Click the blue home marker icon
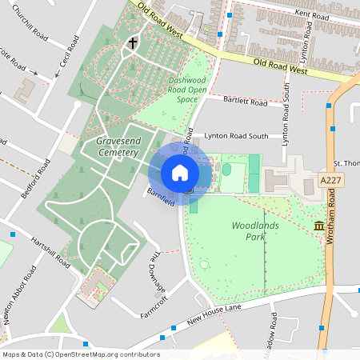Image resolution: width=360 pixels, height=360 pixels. click(180, 173)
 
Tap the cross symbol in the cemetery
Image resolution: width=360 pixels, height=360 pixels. click(133, 44)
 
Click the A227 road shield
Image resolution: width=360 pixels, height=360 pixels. click(330, 180)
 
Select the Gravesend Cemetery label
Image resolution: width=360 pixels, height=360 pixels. click(118, 146)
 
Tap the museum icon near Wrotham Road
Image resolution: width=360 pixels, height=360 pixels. click(320, 227)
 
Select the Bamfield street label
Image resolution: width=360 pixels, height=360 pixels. click(161, 197)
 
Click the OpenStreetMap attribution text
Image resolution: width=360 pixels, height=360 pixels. click(81, 354)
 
